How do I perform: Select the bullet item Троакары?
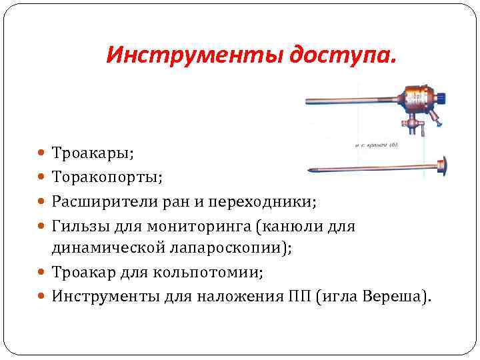pos(93,153)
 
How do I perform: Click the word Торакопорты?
pos(107,177)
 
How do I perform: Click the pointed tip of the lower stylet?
pos(310,170)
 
